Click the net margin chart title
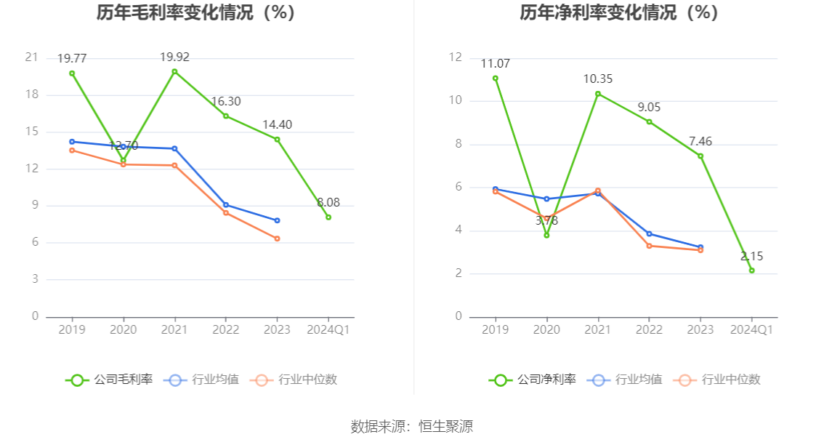pyautogui.click(x=620, y=13)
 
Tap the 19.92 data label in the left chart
pyautogui.click(x=174, y=57)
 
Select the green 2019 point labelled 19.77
pyautogui.click(x=72, y=73)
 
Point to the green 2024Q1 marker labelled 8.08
pyautogui.click(x=328, y=217)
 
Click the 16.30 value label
pyautogui.click(x=226, y=102)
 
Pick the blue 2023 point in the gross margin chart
pyautogui.click(x=277, y=220)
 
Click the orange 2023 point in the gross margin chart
pyautogui.click(x=277, y=238)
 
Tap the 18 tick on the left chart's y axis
pyautogui.click(x=32, y=95)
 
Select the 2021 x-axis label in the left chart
pyautogui.click(x=174, y=329)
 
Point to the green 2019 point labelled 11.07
pyautogui.click(x=496, y=79)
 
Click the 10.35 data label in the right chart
pyautogui.click(x=598, y=79)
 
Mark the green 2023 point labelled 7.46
pyautogui.click(x=700, y=156)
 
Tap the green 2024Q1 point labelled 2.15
pyautogui.click(x=751, y=270)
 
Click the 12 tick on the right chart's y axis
pyautogui.click(x=456, y=57)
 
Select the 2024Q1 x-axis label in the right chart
pyautogui.click(x=751, y=329)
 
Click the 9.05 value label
pyautogui.click(x=649, y=107)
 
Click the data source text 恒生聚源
pyautogui.click(x=445, y=427)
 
